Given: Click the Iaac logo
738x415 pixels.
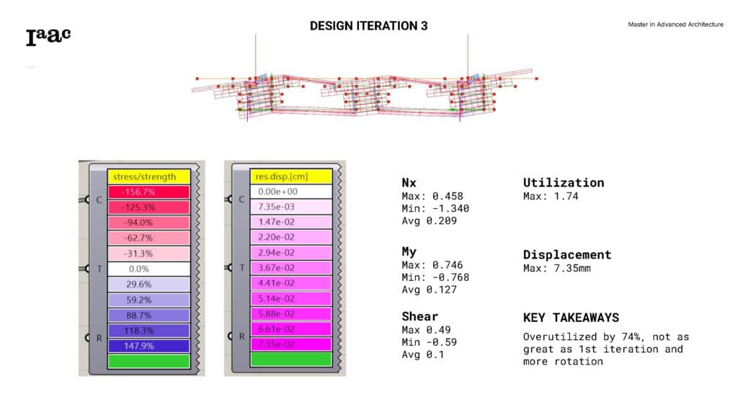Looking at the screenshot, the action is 48,37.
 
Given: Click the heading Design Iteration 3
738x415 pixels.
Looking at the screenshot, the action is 368,26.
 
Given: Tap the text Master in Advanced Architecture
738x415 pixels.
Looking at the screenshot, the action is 675,24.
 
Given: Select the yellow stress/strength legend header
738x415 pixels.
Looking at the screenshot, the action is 148,177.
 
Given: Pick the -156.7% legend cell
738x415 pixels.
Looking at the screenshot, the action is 148,192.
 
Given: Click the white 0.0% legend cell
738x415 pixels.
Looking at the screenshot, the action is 148,269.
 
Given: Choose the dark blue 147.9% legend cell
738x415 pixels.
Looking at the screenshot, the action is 148,346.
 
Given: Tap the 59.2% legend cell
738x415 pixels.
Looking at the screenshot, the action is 148,300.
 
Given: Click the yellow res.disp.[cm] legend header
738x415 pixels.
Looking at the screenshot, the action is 291,177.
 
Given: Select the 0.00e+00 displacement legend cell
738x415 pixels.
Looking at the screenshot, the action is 291,192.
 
